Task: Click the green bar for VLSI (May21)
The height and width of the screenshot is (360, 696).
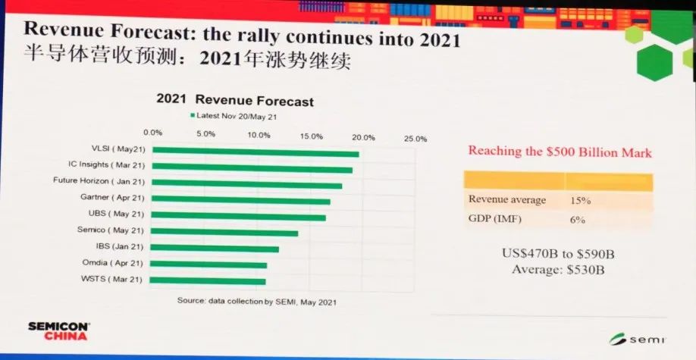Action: click(256, 152)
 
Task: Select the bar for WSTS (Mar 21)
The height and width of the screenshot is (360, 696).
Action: click(208, 280)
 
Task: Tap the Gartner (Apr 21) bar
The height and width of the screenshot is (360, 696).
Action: click(241, 200)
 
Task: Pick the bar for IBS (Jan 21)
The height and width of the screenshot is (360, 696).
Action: click(215, 248)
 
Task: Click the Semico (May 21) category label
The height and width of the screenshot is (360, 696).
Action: click(111, 230)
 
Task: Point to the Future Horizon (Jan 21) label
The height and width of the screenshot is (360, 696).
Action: click(99, 181)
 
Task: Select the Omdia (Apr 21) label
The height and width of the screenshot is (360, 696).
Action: click(112, 263)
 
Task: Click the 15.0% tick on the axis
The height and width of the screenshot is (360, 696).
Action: click(311, 136)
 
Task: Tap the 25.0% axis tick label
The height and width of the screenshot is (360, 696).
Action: click(415, 139)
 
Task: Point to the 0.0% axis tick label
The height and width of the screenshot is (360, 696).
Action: click(153, 133)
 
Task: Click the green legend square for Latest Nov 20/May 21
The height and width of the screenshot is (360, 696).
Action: click(193, 115)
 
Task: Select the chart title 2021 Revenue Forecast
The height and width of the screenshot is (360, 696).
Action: click(235, 100)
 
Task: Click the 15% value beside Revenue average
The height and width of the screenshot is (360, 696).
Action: click(580, 201)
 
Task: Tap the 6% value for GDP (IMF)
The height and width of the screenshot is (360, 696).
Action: click(578, 220)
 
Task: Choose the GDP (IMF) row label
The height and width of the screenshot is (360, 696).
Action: click(494, 218)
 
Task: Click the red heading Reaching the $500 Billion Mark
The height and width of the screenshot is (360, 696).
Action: click(560, 152)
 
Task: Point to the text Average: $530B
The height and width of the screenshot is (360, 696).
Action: click(558, 270)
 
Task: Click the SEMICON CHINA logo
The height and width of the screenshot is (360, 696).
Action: click(59, 331)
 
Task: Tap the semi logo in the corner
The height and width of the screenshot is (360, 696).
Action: click(637, 339)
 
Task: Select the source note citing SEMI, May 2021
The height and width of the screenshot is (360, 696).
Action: click(256, 301)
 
